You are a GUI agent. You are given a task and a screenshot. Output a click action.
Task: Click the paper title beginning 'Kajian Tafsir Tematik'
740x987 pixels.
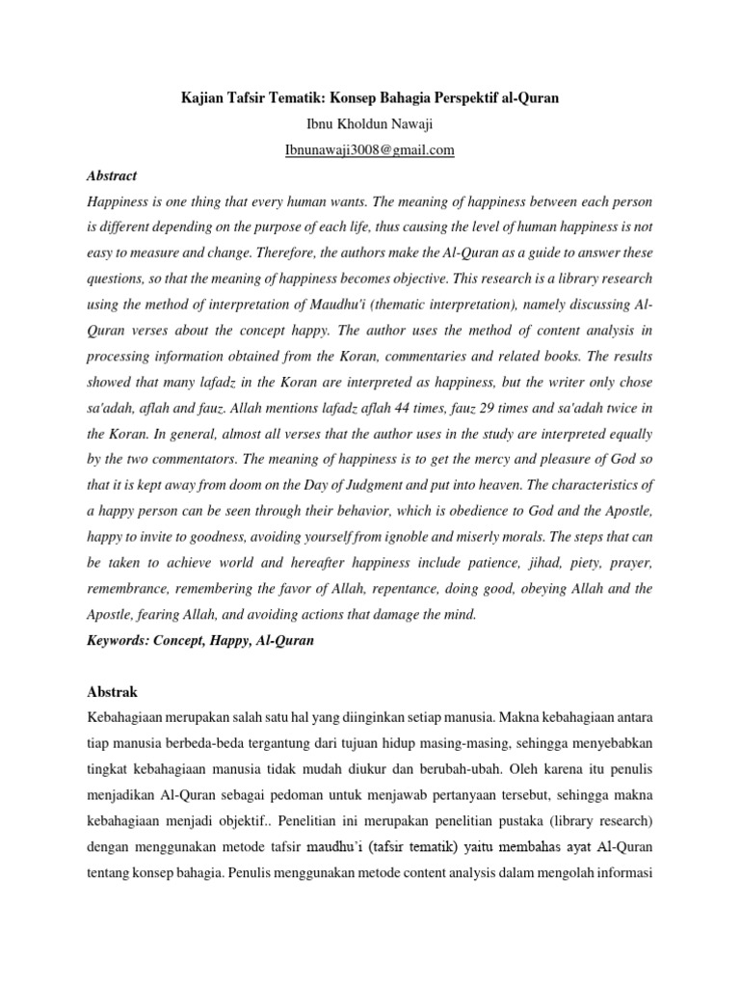click(x=369, y=98)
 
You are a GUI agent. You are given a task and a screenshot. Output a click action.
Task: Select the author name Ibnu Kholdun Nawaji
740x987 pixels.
click(x=369, y=124)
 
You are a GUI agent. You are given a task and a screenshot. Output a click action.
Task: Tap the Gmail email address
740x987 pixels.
click(x=369, y=150)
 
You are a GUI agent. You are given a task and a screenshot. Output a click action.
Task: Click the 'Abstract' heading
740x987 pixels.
click(x=112, y=175)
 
